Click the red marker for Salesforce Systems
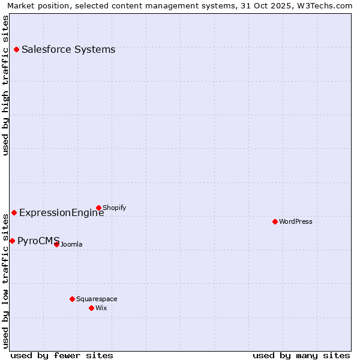tap(16, 49)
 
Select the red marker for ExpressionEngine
tap(14, 212)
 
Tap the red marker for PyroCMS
tap(12, 241)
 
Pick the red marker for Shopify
tap(98, 208)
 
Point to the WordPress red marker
tap(275, 221)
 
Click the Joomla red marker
tap(56, 244)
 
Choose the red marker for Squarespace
tap(72, 299)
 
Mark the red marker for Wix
tap(91, 308)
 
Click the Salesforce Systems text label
tap(68, 49)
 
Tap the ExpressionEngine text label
tap(61, 212)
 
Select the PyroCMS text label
tap(38, 241)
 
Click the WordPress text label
tap(296, 221)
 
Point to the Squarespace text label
tap(97, 299)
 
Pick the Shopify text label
tap(114, 208)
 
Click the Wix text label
tap(101, 308)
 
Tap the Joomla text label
tap(71, 244)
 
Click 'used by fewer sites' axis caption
tap(62, 355)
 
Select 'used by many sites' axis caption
tap(301, 355)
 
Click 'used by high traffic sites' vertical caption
tap(5, 85)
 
